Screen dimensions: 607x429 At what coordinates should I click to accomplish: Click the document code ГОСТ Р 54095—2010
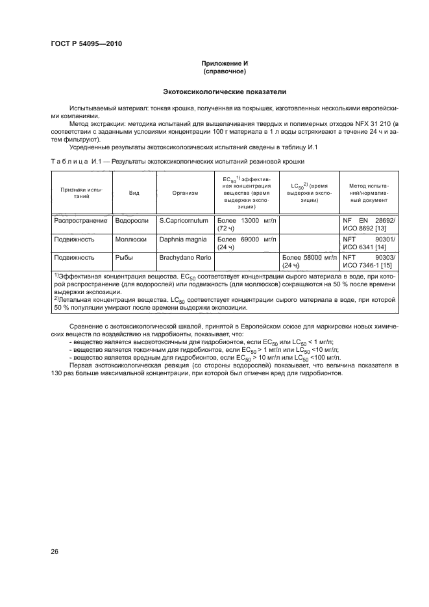[86, 44]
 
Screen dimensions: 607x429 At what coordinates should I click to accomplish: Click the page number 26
[55, 552]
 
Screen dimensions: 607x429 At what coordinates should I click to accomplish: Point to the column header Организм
[185, 193]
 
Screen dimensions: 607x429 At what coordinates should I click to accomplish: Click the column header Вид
[134, 193]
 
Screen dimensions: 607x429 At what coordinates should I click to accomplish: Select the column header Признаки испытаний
[82, 193]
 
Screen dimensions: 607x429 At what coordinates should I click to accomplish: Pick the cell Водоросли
[132, 221]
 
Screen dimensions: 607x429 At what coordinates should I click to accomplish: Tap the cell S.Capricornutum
[184, 221]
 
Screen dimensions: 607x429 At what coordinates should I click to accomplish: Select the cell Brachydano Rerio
[186, 257]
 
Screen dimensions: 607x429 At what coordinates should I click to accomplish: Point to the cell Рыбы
[124, 257]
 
